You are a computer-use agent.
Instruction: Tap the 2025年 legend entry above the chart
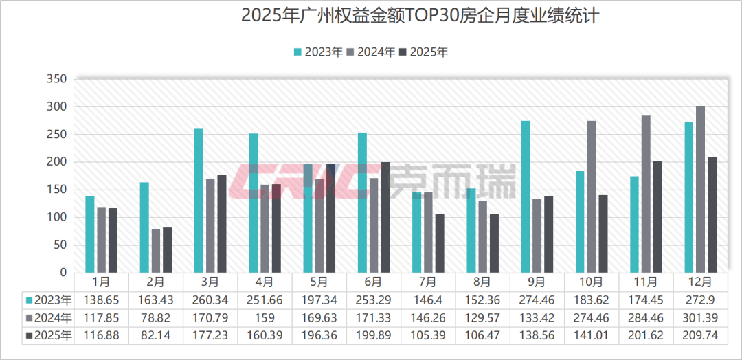[x=423, y=52]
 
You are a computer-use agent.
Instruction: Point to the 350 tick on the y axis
[x=58, y=79]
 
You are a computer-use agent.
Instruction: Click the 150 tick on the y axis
[x=58, y=190]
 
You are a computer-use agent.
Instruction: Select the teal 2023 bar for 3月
[x=199, y=201]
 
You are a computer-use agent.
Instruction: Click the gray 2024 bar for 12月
[x=700, y=190]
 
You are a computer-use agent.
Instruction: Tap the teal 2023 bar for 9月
[x=526, y=196]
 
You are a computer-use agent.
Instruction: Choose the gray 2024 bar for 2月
[x=156, y=251]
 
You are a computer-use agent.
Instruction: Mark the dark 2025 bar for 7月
[x=440, y=243]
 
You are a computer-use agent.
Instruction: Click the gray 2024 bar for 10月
[x=592, y=196]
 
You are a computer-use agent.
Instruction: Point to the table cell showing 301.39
[x=700, y=317]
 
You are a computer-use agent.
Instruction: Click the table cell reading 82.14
[x=156, y=335]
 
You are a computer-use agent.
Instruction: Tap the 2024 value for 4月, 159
[x=265, y=317]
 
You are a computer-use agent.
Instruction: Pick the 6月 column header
[x=374, y=282]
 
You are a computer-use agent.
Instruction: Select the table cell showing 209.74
[x=700, y=335]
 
